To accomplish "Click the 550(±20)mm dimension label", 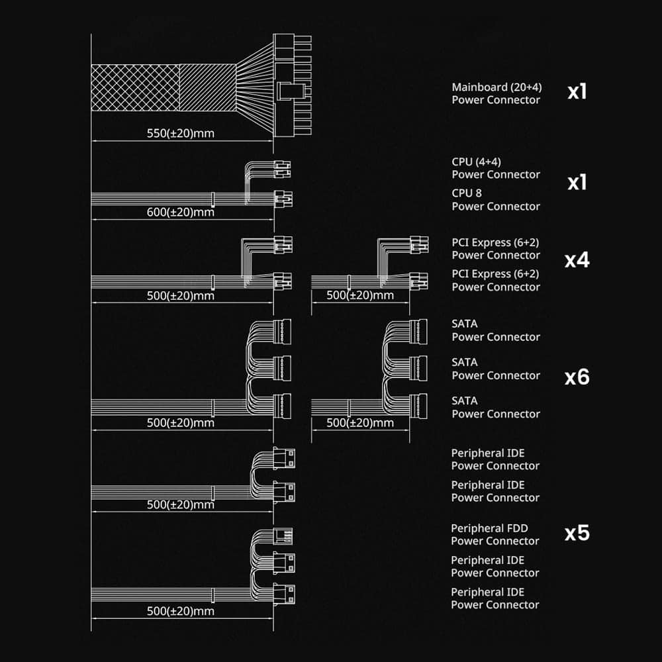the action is point(180,134).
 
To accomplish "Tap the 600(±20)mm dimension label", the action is point(180,212).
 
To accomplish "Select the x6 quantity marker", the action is point(577,377).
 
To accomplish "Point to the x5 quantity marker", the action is point(577,533).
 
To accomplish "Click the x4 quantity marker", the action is point(577,260).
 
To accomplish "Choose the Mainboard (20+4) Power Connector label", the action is point(496,93).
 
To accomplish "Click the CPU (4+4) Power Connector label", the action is point(496,168).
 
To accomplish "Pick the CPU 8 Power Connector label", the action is point(496,200).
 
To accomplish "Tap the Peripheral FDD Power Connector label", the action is point(495,534).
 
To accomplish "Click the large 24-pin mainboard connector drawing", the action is point(292,85).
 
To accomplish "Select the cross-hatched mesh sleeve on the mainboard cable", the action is point(135,88).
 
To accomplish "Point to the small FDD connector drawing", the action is point(283,536).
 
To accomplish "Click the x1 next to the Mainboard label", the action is point(577,91).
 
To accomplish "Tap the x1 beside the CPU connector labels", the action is point(577,183).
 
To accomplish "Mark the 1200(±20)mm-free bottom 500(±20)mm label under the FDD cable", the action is point(180,611).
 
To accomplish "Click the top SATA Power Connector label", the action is point(496,330).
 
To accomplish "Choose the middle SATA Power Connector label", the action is point(496,369).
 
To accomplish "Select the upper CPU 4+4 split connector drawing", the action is point(282,169).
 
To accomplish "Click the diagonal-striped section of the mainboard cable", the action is point(208,88).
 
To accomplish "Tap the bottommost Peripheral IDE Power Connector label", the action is point(495,598).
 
